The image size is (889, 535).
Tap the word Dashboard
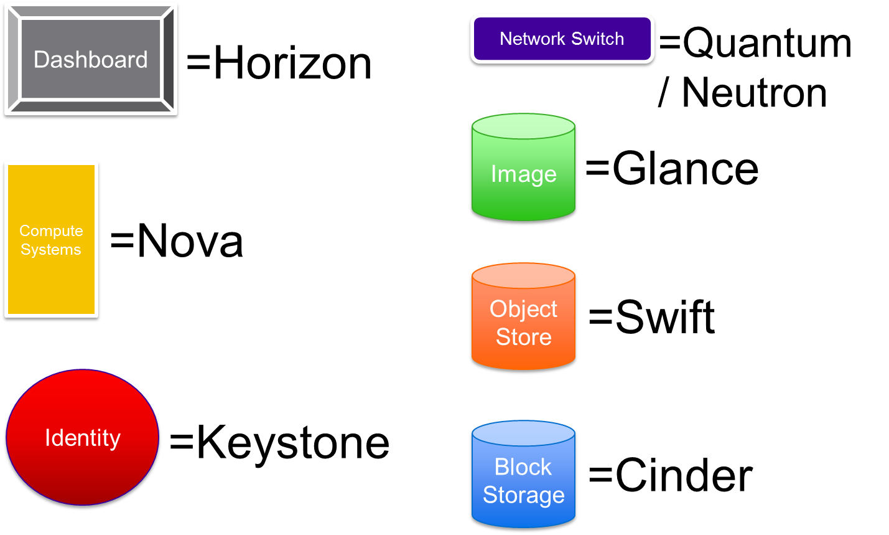coord(91,60)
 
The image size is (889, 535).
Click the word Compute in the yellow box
coord(51,231)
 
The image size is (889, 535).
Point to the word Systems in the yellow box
coord(51,250)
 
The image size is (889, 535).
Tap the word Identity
coord(82,438)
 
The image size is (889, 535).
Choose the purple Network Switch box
coord(562,53)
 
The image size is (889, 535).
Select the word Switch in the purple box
coord(597,39)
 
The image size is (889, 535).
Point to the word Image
coord(523,174)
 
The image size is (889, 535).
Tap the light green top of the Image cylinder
coord(523,126)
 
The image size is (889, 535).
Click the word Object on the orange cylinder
coord(523,309)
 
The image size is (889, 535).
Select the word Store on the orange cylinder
coord(523,337)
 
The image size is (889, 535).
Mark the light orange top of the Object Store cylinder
coord(523,276)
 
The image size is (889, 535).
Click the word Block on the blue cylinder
coord(523,467)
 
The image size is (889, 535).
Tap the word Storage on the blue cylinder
coord(523,495)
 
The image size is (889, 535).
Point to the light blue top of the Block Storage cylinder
coord(523,433)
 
